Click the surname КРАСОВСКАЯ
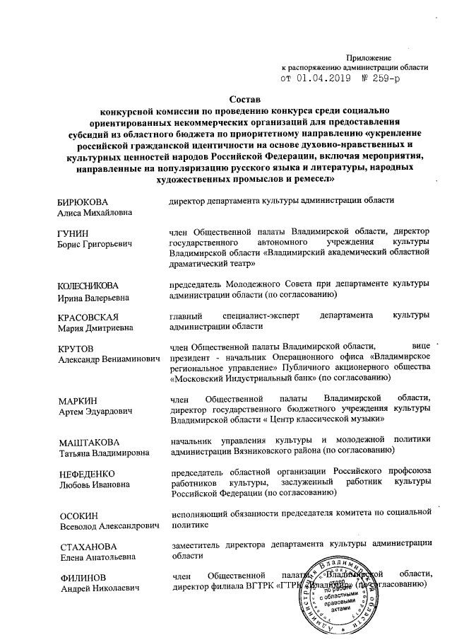tap(87, 315)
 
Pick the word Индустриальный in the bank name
tap(265, 379)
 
